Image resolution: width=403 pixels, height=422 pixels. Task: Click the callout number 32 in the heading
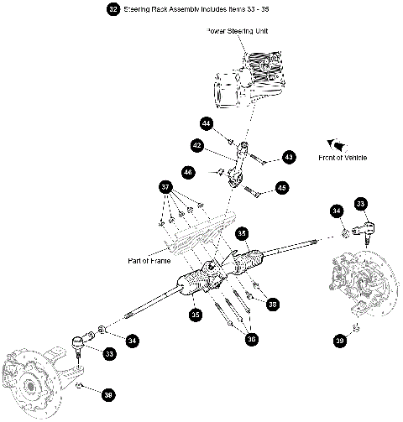113,9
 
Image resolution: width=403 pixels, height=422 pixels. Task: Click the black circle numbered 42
197,145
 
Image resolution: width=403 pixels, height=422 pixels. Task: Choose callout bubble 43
289,156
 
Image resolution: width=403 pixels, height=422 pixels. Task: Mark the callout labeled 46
188,172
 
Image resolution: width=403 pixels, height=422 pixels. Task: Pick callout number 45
281,188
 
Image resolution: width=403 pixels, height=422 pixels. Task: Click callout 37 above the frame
166,186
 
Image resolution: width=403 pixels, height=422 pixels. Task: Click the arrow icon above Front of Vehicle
340,143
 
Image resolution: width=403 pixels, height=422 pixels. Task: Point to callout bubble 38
273,305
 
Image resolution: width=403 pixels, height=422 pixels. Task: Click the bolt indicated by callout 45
256,192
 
